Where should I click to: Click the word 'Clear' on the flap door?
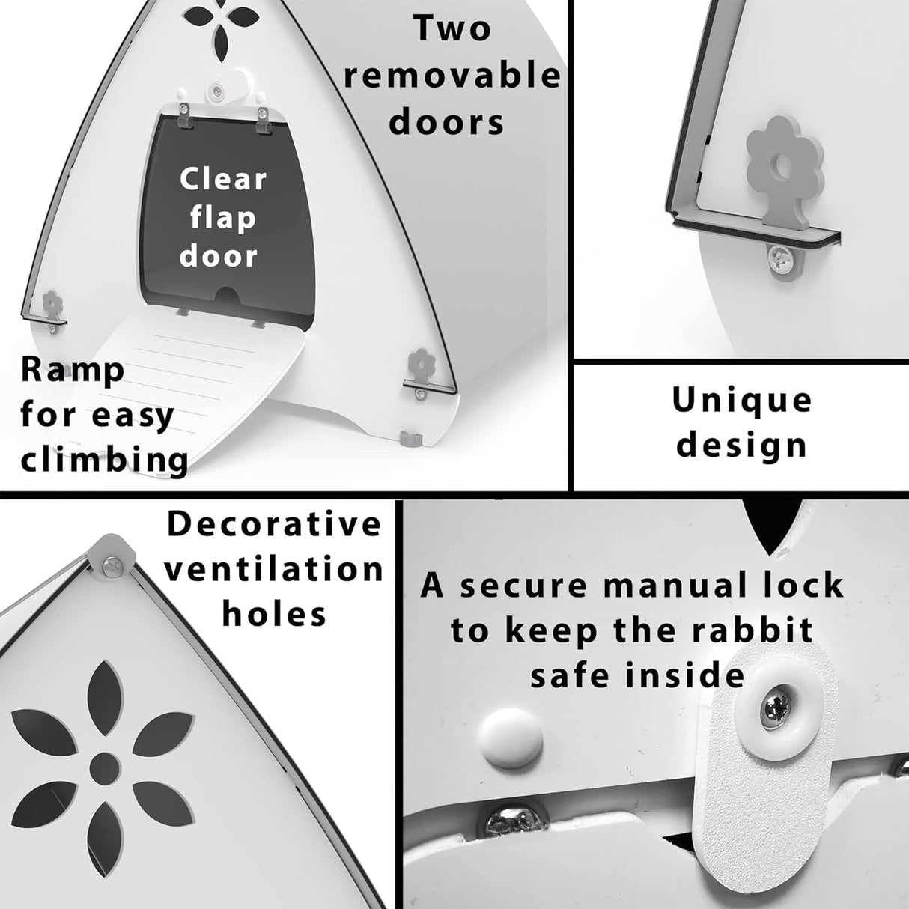[223, 179]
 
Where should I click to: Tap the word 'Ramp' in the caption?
[72, 371]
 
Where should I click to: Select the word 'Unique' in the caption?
[741, 401]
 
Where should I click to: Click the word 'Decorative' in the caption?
[274, 524]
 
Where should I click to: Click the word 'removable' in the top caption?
[452, 76]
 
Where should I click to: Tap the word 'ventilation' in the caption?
[274, 569]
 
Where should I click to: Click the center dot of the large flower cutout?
[103, 764]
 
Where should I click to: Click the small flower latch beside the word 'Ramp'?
[52, 304]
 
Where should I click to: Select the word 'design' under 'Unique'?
[741, 446]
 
